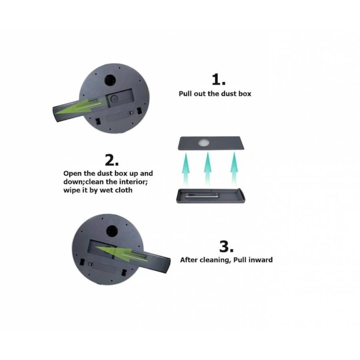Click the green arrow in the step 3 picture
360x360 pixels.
point(120,253)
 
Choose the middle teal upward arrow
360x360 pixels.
point(207,169)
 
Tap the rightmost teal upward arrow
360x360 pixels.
point(234,169)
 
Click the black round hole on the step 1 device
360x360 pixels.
point(110,80)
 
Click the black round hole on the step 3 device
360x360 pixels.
point(112,231)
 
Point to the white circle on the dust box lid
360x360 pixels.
point(204,142)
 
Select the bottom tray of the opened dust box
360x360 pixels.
point(210,196)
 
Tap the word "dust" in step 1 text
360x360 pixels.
point(230,94)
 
